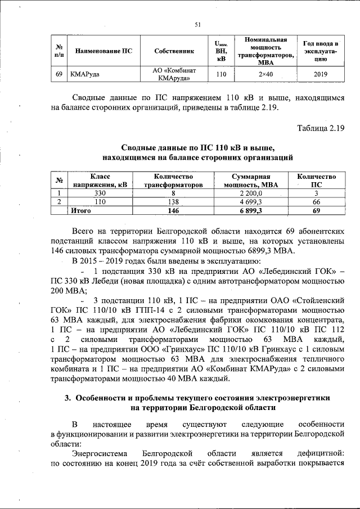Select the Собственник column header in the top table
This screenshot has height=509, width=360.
(174, 51)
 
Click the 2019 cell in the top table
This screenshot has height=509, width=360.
(320, 74)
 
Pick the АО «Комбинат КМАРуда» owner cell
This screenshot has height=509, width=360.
(174, 74)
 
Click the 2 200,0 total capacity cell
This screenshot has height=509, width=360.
(251, 193)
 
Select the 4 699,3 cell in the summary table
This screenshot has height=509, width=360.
(251, 202)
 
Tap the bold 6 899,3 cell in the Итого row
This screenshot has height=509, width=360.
(251, 210)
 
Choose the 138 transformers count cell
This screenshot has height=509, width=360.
(173, 202)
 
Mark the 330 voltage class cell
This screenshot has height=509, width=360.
(100, 193)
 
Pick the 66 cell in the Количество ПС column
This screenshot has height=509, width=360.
(316, 202)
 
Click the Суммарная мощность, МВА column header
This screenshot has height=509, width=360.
(251, 181)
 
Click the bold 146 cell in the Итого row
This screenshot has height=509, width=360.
(173, 210)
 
